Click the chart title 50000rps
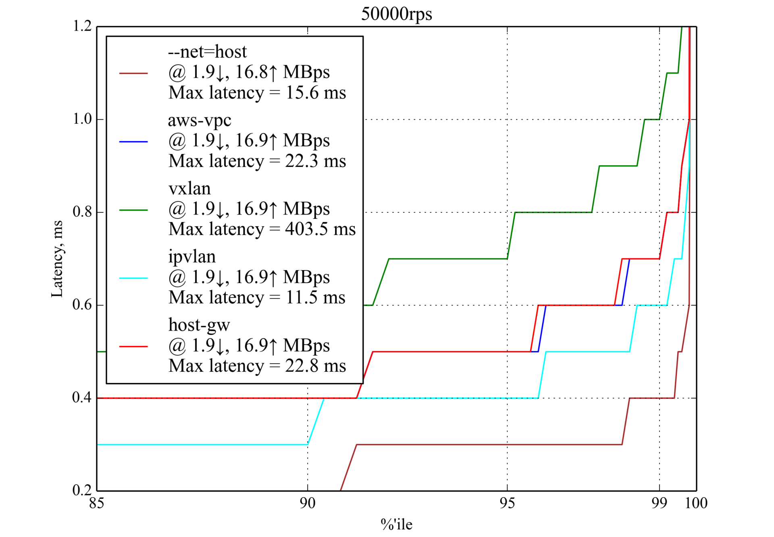tap(396, 14)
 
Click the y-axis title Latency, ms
tap(57, 259)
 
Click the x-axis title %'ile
tap(396, 525)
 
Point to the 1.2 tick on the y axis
tap(82, 27)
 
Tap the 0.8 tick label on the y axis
tap(82, 212)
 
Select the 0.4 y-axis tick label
tap(82, 398)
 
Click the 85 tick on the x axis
tap(97, 503)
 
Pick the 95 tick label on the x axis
tap(507, 503)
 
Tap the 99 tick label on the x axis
tap(659, 503)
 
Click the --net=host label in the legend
tap(207, 52)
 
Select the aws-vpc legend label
tap(200, 120)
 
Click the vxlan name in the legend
tap(189, 189)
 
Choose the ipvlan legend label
tap(192, 257)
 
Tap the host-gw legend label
tap(199, 325)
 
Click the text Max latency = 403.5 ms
tap(262, 229)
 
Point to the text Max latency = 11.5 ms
tap(257, 298)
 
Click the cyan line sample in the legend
tap(133, 278)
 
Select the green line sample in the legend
tap(133, 210)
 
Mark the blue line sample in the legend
tap(133, 142)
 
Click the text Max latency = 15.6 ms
tap(257, 93)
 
